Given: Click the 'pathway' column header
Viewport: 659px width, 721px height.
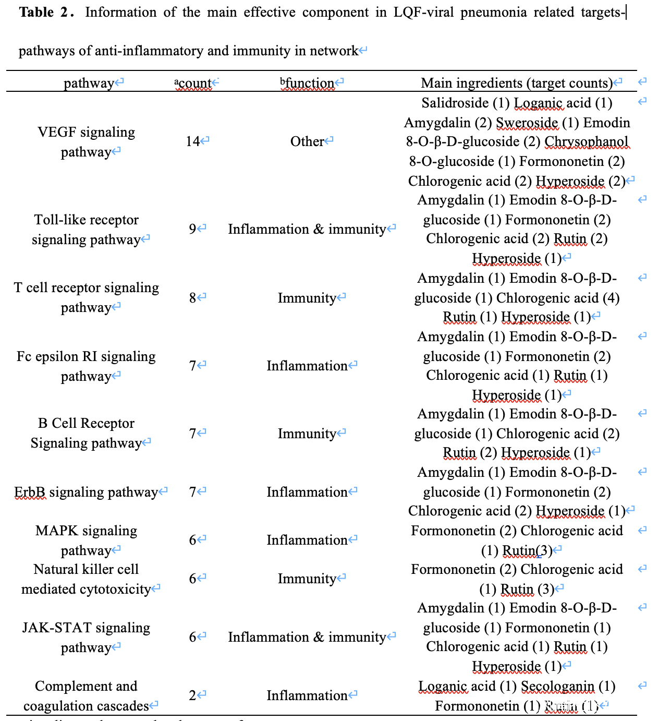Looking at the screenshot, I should tap(89, 83).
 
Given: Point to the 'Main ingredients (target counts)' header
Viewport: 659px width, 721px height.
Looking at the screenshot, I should tap(517, 83).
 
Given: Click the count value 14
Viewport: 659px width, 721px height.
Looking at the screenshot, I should tap(193, 141).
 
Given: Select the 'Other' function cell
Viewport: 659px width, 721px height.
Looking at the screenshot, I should tap(307, 141).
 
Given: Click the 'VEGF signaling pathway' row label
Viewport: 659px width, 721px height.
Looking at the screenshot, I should tap(86, 142).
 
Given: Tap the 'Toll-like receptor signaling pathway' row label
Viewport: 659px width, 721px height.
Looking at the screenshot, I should tap(86, 230).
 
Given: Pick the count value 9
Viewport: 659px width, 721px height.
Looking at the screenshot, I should tap(192, 229).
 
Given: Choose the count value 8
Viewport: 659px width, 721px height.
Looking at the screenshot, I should tap(192, 298).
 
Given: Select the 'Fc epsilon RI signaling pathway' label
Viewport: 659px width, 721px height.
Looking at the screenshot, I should tap(86, 366).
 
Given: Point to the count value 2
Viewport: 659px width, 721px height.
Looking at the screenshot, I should tap(192, 695).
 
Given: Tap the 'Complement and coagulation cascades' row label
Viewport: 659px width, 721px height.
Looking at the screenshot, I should tap(86, 696).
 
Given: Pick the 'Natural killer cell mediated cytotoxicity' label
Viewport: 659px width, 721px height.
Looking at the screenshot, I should tap(86, 579).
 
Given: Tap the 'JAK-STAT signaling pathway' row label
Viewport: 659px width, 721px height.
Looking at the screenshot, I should tap(86, 638).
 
